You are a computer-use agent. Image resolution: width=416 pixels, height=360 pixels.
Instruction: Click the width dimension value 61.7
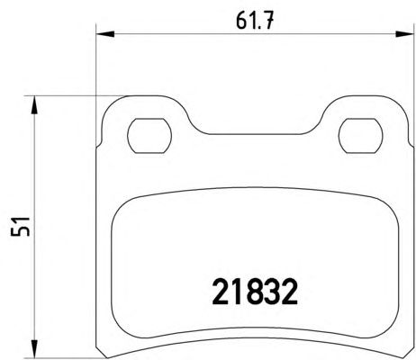point(255,21)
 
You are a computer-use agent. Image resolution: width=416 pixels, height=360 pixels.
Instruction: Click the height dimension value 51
point(21,226)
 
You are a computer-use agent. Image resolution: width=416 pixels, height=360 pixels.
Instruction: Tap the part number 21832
point(255,292)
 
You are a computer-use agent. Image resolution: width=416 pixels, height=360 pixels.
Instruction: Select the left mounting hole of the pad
point(149,136)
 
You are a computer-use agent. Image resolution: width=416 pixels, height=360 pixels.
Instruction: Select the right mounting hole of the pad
point(360,136)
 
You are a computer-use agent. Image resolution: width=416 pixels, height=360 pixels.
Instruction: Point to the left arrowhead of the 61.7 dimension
point(105,34)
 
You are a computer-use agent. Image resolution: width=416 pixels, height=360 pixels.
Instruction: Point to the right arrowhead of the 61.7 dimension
point(404,34)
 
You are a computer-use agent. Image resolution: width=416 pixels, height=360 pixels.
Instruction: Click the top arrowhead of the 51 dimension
point(34,105)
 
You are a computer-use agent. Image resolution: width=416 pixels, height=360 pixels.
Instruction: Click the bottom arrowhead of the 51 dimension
point(34,349)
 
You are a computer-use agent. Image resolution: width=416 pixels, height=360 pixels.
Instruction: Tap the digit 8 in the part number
point(255,292)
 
